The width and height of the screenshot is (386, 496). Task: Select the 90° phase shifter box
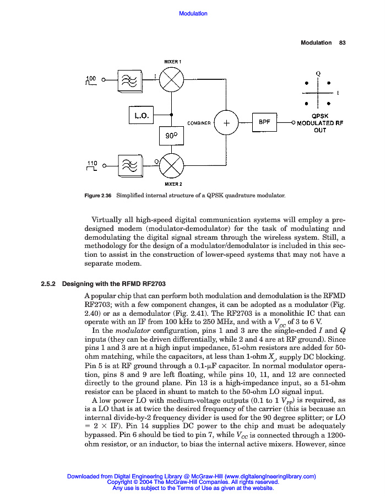(172, 135)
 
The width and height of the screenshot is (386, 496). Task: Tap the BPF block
(264, 122)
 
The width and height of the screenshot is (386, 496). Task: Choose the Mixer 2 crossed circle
(172, 164)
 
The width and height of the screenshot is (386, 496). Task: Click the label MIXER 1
(172, 61)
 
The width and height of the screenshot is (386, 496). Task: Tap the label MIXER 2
(173, 184)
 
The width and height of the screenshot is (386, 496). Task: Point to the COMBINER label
(199, 123)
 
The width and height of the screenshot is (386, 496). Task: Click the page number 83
(341, 42)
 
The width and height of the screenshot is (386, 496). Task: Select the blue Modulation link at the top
(193, 13)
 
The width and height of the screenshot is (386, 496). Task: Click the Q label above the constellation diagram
(318, 73)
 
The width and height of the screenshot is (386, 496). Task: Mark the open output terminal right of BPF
(294, 123)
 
